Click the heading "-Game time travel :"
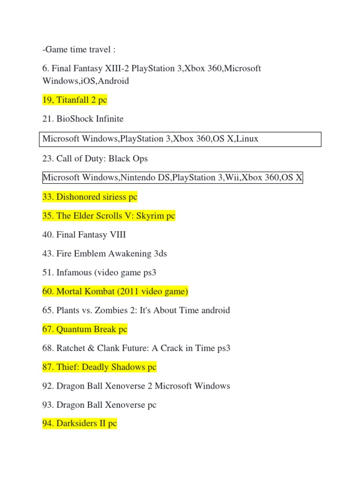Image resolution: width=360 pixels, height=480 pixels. point(79,50)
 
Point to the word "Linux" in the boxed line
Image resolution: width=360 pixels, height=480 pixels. point(247,139)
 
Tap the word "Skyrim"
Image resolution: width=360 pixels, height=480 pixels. point(150,216)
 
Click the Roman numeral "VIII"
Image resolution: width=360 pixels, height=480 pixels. point(118,235)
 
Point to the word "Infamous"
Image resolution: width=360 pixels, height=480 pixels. point(74,272)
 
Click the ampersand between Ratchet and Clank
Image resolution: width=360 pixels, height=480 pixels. point(91,348)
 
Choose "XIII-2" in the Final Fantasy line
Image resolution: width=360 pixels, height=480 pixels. point(117,68)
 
